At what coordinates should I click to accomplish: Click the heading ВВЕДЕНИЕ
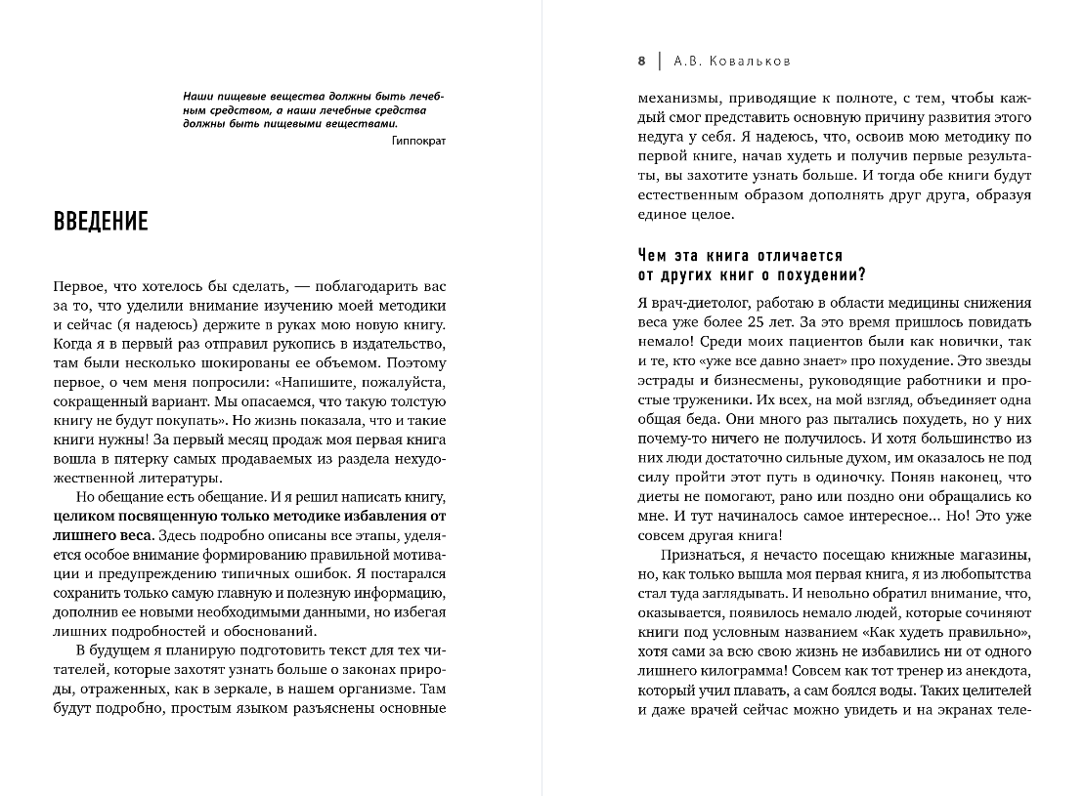[x=102, y=222]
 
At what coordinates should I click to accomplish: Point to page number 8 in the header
[x=642, y=61]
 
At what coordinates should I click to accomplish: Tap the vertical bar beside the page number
[x=661, y=61]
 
